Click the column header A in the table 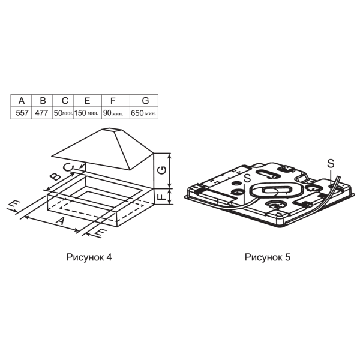coord(22,101)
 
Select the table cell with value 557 coord(22,113)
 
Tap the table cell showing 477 coord(42,113)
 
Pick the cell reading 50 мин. coord(63,113)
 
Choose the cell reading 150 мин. coord(88,113)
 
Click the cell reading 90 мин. coord(116,113)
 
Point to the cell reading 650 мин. coord(144,113)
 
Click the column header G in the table coord(145,101)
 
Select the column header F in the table coord(113,101)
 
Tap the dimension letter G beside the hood coord(162,170)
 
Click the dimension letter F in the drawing coord(162,197)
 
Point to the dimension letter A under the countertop coord(60,221)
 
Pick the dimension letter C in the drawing coord(68,167)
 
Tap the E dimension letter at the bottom coord(99,233)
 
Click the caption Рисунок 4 coord(89,257)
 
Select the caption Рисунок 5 coord(268,257)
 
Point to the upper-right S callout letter coord(331,163)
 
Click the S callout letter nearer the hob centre coord(247,178)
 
